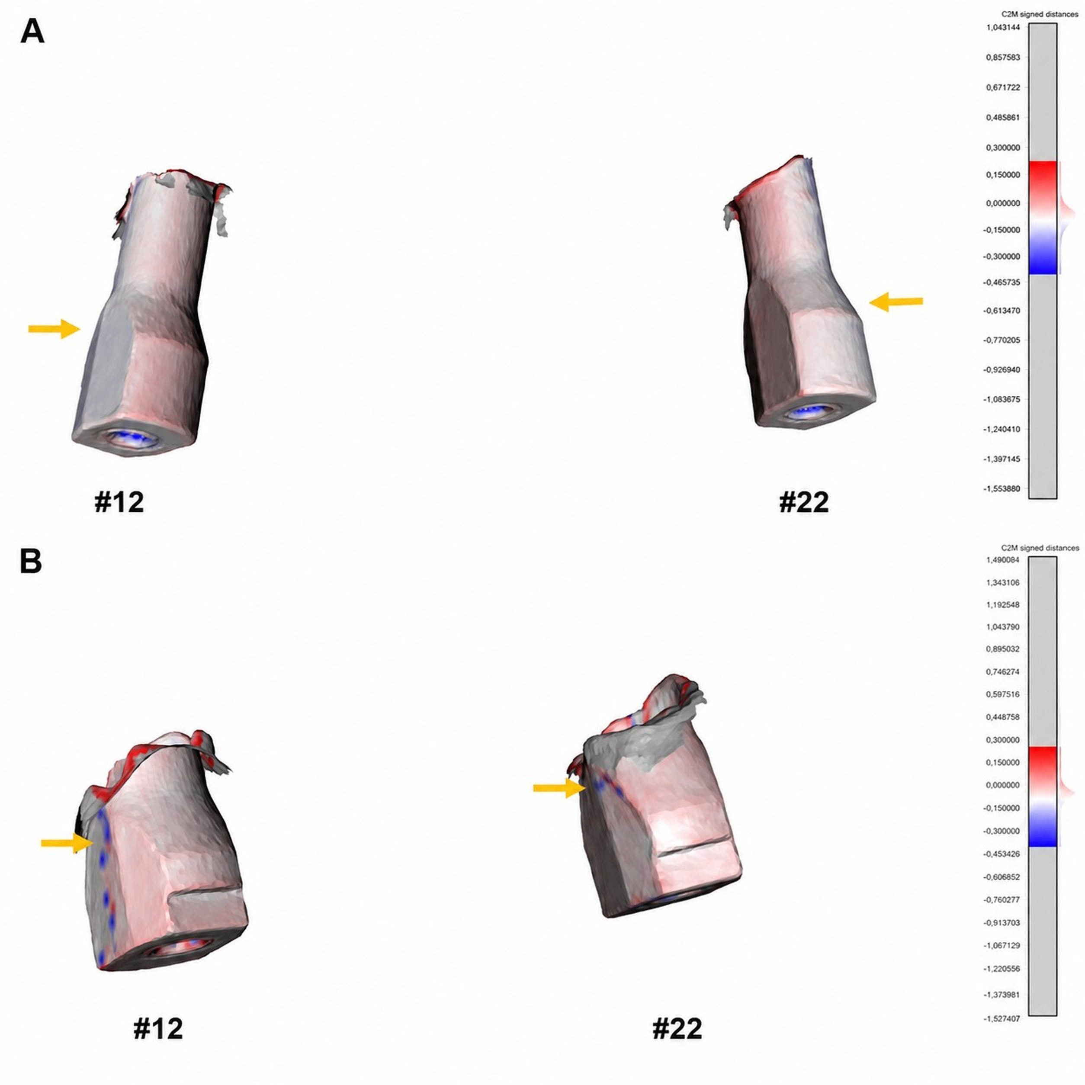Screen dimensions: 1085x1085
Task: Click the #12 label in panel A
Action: tap(119, 502)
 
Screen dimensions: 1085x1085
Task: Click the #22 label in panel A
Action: tap(804, 502)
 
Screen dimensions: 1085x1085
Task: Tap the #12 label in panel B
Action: tap(158, 1029)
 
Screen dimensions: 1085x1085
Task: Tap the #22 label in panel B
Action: tap(677, 1029)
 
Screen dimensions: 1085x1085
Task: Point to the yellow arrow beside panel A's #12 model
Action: tap(55, 329)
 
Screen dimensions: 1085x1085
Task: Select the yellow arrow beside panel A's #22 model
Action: tap(896, 302)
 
